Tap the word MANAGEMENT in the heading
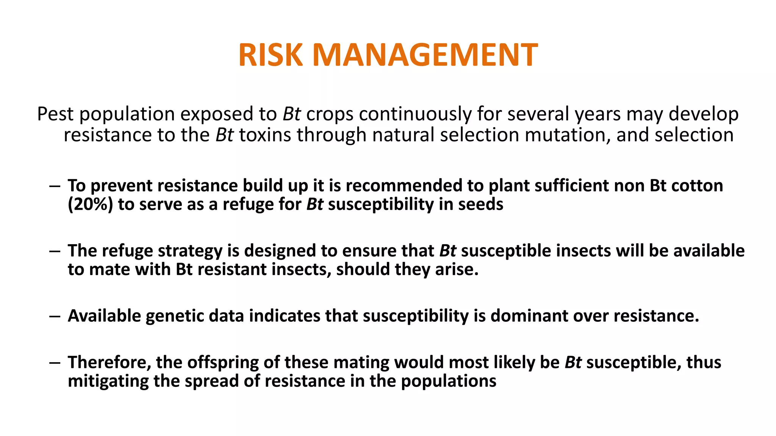425,55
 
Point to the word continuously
415,114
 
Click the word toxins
264,135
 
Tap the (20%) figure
90,204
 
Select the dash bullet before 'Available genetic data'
55,316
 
